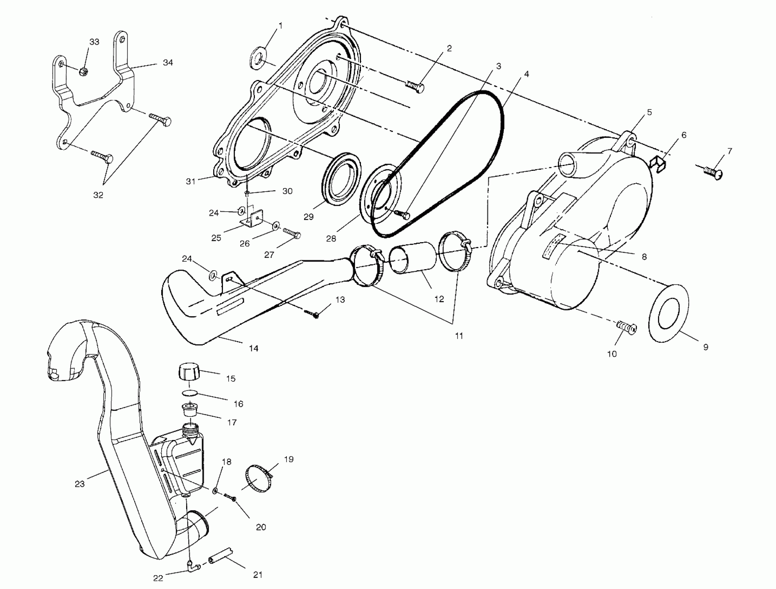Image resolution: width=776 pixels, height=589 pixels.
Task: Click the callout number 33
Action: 94,42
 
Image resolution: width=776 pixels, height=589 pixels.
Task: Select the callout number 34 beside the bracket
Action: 168,62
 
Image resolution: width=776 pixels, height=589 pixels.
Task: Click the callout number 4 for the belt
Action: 526,74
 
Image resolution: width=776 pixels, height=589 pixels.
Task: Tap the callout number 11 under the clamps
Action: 459,336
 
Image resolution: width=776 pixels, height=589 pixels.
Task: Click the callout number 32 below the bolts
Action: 98,195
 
